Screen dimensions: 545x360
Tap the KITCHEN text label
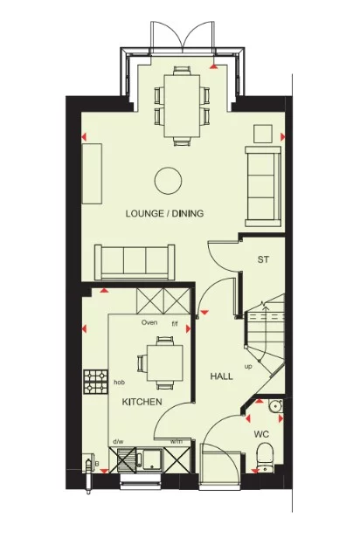point(141,402)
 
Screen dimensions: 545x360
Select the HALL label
point(221,376)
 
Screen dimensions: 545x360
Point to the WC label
point(261,433)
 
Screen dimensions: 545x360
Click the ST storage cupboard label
point(262,260)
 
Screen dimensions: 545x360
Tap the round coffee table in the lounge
point(168,181)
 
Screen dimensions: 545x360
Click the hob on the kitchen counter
point(94,381)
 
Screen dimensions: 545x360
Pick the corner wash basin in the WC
point(273,405)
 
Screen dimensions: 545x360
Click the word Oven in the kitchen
point(149,323)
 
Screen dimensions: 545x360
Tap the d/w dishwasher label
point(118,441)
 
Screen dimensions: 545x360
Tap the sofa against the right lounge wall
point(262,183)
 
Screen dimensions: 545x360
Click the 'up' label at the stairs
point(249,366)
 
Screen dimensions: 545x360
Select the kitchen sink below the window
point(142,459)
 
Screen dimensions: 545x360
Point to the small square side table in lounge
point(263,134)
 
